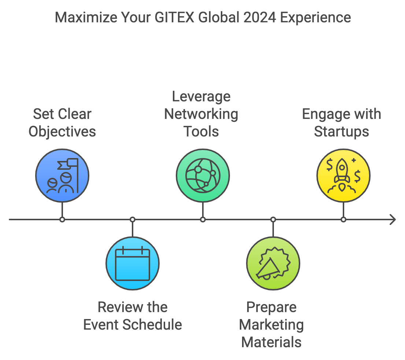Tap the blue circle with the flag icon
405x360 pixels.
62,176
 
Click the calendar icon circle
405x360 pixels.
133,263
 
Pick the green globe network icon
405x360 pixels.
203,176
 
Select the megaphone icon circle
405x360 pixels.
273,263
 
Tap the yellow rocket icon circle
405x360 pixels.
343,176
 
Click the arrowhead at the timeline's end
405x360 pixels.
393,220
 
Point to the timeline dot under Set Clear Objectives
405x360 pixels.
62,220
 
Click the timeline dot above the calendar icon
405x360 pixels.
133,220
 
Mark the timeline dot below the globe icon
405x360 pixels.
203,220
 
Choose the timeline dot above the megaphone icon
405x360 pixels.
273,220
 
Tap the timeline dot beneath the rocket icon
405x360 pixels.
343,220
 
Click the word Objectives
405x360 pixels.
62,132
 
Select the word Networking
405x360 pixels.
201,114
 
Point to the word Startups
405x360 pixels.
341,132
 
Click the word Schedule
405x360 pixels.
157,325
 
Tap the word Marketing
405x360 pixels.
271,325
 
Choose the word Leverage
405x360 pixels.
201,97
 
